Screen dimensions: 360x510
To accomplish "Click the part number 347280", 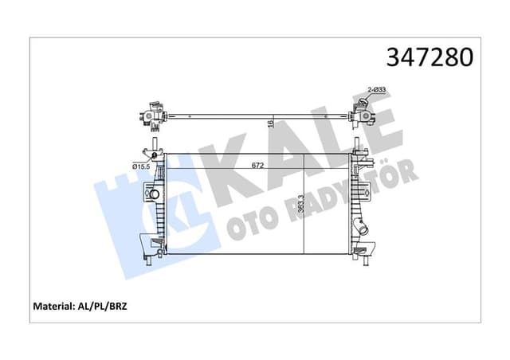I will [x=430, y=57].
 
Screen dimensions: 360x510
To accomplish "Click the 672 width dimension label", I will [x=257, y=167].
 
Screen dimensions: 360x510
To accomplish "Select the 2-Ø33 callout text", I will [x=376, y=91].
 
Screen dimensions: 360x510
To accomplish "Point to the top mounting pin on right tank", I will [x=356, y=147].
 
